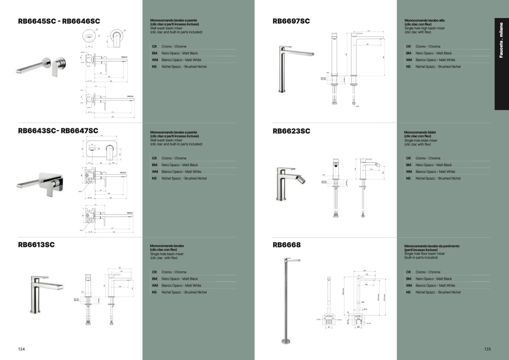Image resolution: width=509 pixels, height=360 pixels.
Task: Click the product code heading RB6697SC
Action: point(291,21)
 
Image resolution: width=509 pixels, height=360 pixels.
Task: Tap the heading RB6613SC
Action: point(36,245)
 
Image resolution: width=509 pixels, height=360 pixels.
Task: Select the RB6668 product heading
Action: point(286,245)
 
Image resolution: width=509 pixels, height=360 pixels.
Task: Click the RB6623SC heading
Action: point(291,131)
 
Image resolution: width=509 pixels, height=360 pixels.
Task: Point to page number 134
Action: point(21,349)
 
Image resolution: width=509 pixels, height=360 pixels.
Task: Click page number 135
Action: point(487,349)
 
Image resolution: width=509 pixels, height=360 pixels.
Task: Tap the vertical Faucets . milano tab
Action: point(501,41)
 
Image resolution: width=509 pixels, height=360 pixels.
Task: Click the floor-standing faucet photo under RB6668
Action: point(288,300)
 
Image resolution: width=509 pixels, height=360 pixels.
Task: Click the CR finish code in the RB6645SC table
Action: point(154,47)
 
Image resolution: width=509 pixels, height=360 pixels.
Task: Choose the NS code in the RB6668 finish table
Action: point(408,292)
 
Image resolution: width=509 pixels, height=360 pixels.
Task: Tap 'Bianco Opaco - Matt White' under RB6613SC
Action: point(181,286)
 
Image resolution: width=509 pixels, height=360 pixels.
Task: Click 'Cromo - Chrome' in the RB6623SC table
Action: point(428,158)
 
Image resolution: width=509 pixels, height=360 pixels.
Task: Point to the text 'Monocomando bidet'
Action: point(420,133)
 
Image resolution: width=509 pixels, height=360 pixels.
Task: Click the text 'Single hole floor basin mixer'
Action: point(425,254)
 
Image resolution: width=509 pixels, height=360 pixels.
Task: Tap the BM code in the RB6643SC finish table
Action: point(155,165)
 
